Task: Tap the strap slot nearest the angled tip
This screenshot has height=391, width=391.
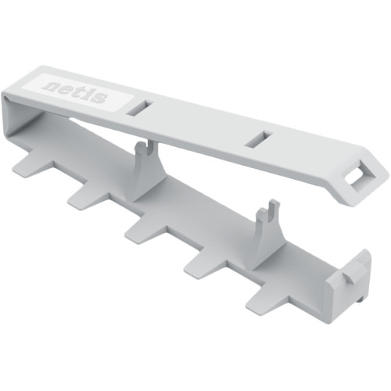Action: pos(260,139)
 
